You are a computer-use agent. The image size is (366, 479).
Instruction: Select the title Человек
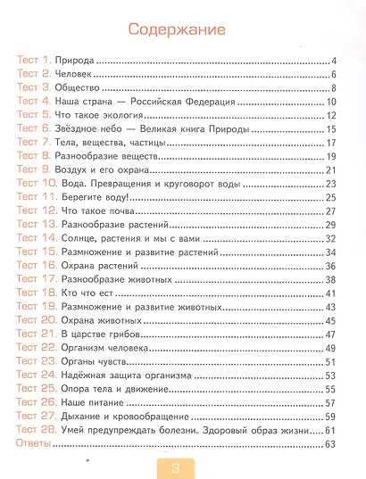click(x=87, y=74)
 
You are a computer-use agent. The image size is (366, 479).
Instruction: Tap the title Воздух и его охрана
click(x=111, y=169)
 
